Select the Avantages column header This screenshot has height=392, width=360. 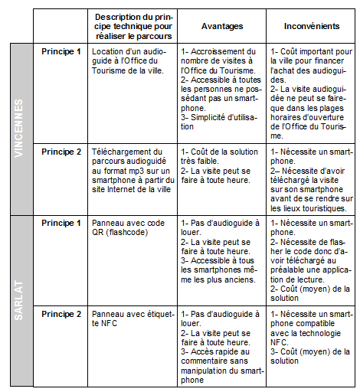tap(222, 25)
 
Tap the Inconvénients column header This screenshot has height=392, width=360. tap(312, 25)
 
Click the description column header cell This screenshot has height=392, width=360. tap(133, 25)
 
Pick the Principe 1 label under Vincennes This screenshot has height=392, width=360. tap(61, 51)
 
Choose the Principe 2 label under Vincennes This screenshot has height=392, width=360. tap(61, 151)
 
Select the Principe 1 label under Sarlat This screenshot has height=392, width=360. tap(61, 223)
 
